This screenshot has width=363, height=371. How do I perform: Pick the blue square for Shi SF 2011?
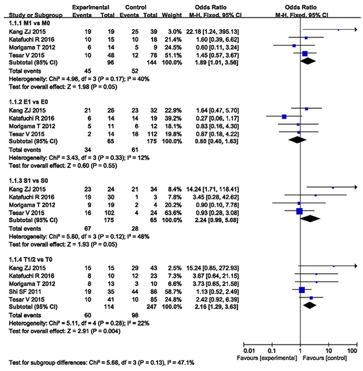click(x=302, y=290)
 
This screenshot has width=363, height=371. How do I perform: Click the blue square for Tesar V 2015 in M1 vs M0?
click(x=305, y=54)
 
